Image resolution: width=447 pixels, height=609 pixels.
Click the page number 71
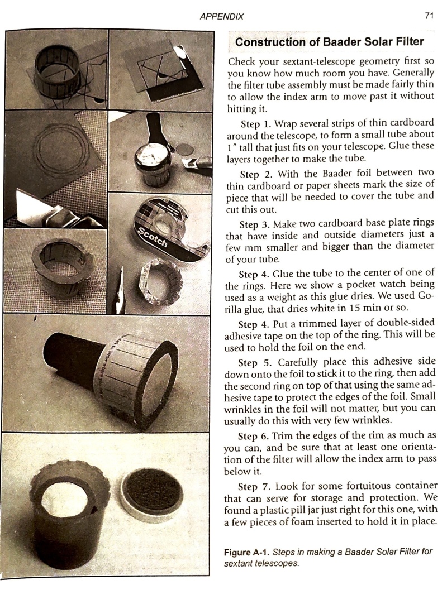[x=429, y=16]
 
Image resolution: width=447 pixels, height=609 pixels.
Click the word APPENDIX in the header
[x=222, y=17]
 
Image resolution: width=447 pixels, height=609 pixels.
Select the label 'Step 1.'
[x=255, y=124]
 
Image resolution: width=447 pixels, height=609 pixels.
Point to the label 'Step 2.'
[x=255, y=174]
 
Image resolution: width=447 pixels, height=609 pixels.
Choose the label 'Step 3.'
[x=255, y=224]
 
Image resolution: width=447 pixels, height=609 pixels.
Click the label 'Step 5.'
[x=254, y=363]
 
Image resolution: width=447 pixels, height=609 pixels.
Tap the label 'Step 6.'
[x=253, y=436]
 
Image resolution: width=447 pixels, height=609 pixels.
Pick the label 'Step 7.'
[x=253, y=487]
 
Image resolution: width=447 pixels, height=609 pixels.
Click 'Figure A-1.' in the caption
[x=247, y=552]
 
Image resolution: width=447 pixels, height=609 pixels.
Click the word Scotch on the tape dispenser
[x=153, y=237]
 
